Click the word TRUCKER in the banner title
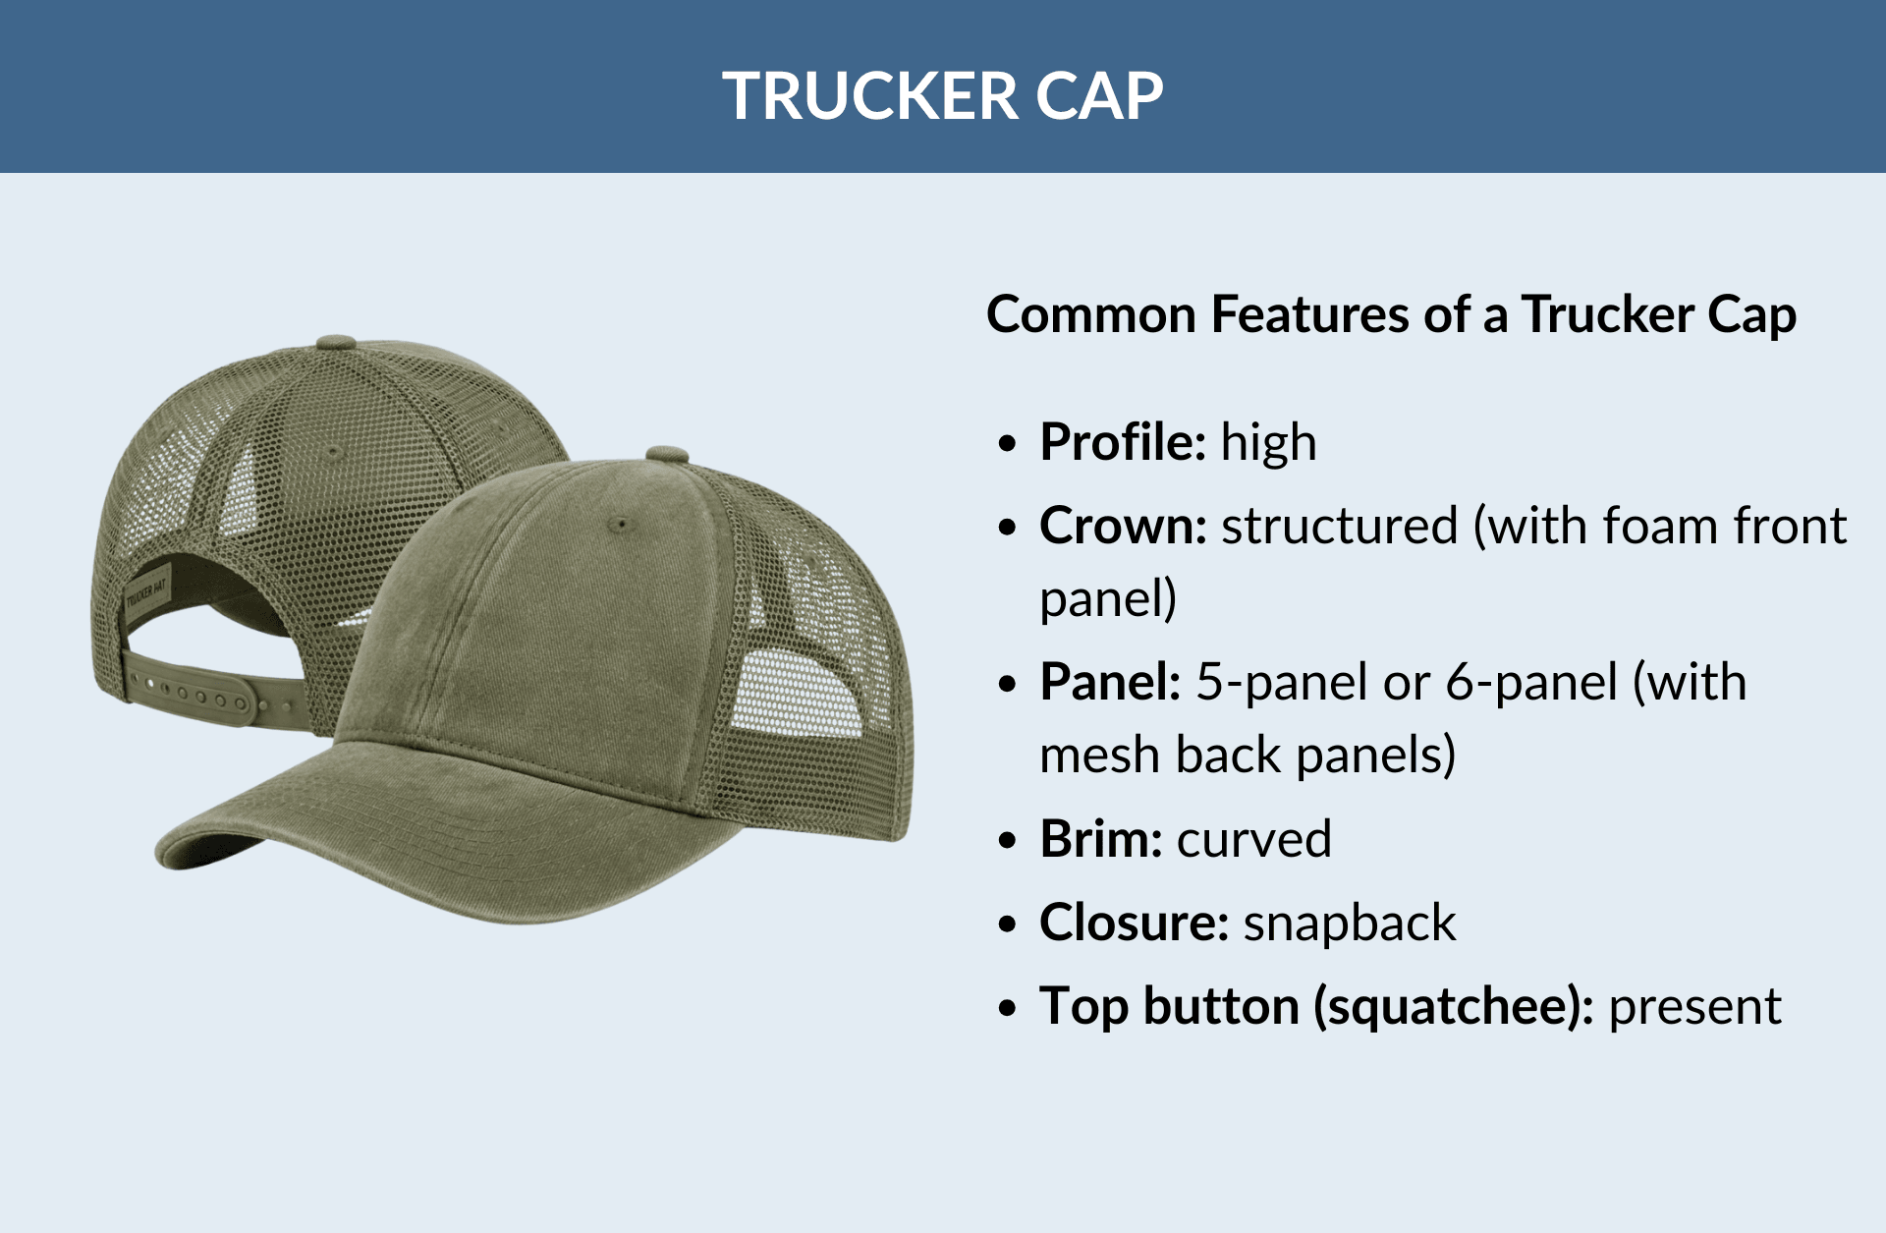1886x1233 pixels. point(858,96)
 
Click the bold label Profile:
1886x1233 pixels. point(1123,442)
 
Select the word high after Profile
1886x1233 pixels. point(1268,442)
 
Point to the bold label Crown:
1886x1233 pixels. point(1123,526)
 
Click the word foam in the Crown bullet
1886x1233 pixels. point(1660,526)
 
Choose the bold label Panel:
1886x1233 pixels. point(1110,682)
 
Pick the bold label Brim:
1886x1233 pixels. point(1101,839)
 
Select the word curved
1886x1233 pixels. point(1254,839)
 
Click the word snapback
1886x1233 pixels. point(1350,923)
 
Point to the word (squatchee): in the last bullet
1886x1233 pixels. point(1453,1006)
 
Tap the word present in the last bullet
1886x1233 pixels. point(1694,1006)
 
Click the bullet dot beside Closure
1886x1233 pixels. point(1007,925)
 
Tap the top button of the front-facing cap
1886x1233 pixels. point(667,454)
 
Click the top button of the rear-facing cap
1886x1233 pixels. point(336,343)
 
